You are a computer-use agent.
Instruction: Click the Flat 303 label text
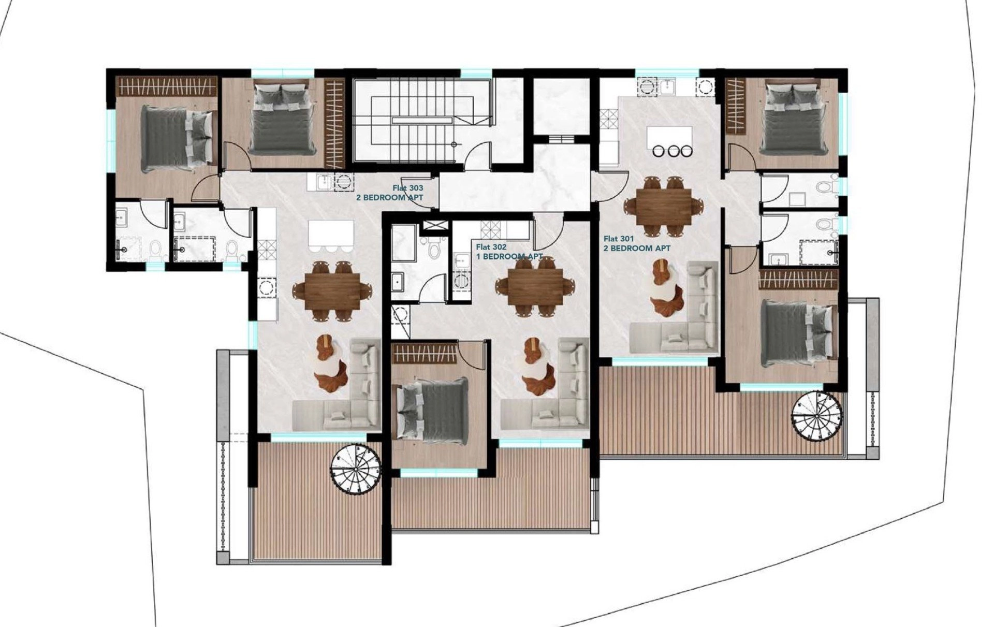[x=407, y=187]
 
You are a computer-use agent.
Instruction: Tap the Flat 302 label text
[x=491, y=247]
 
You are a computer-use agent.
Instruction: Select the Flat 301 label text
[x=619, y=239]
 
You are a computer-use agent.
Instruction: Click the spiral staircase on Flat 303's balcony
[x=356, y=470]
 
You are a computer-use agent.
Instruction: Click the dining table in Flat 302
[x=535, y=287]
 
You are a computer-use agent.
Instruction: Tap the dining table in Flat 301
[x=664, y=207]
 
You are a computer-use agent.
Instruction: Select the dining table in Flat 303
[x=332, y=290]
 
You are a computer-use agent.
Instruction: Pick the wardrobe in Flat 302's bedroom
[x=425, y=354]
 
